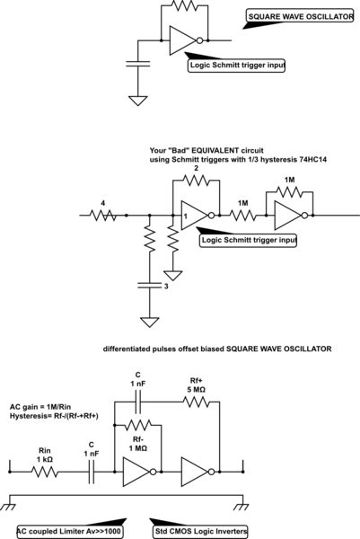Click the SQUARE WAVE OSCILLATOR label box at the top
[300, 15]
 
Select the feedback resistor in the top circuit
[185, 6]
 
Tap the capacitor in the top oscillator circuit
[137, 64]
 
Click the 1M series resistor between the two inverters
[242, 216]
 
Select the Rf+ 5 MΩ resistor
[194, 402]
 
